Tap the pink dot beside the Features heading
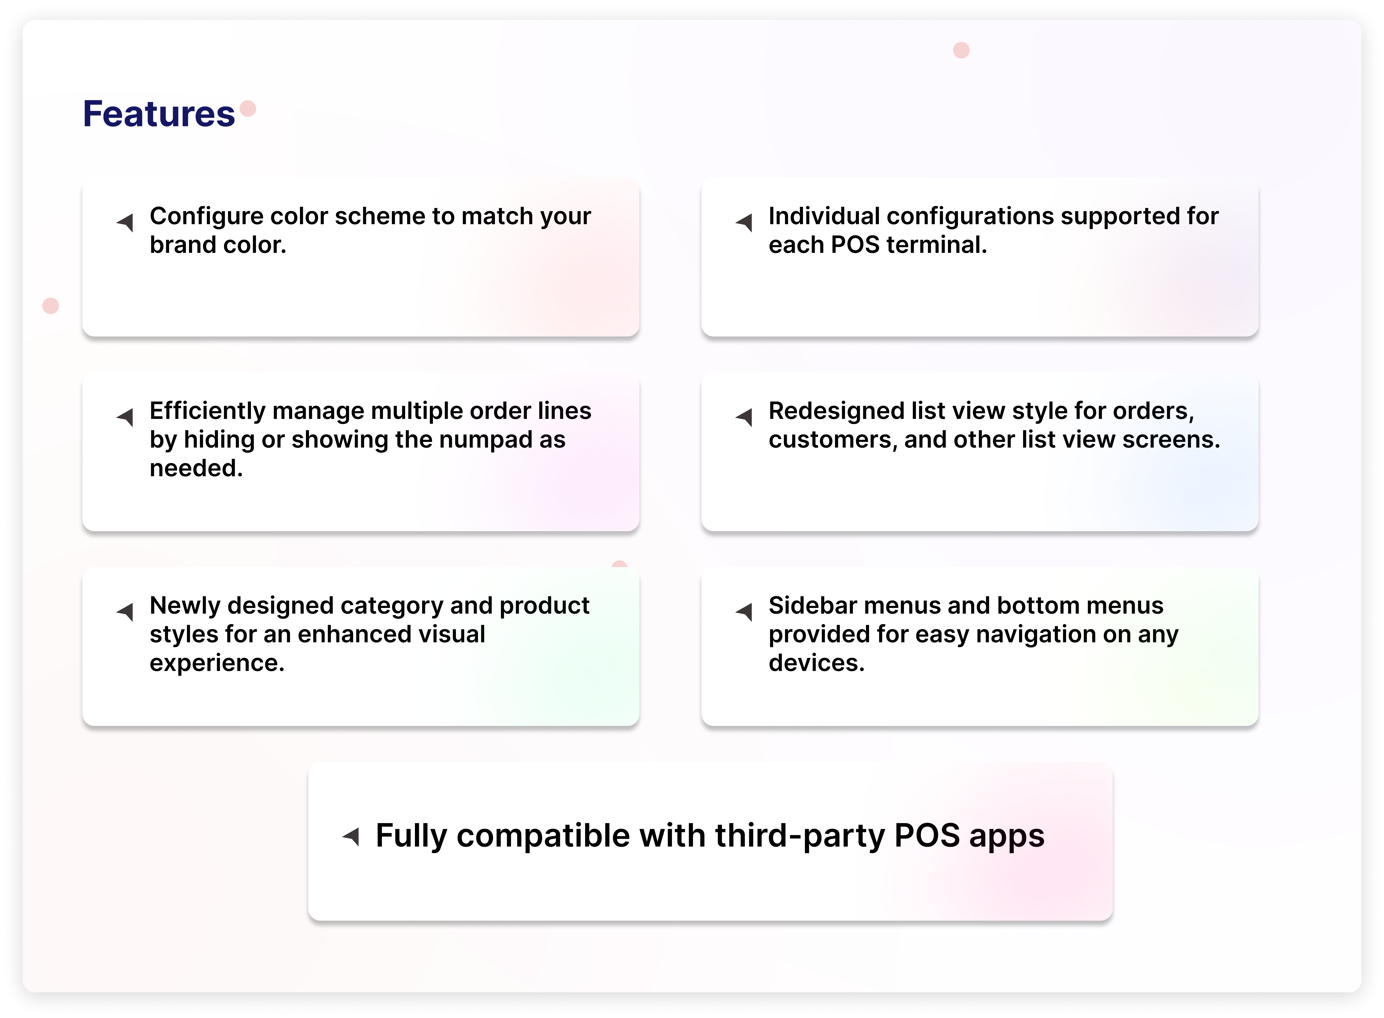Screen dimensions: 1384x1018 [248, 109]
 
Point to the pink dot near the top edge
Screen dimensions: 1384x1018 [961, 50]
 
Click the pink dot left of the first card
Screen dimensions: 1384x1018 [51, 306]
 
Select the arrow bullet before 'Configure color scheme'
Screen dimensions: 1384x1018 [125, 222]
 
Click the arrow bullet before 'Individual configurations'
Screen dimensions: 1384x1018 [744, 222]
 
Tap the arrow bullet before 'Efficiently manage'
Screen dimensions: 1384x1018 [125, 417]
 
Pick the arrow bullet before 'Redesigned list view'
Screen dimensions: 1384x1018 [744, 417]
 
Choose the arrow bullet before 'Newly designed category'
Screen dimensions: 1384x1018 [125, 612]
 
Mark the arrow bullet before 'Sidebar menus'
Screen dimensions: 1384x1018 [744, 612]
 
